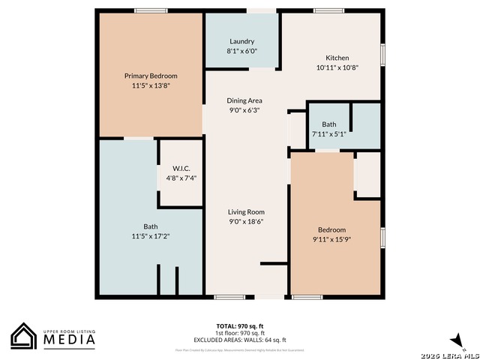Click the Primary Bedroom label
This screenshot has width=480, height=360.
pyautogui.click(x=151, y=76)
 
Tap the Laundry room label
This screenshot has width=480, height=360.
pyautogui.click(x=241, y=41)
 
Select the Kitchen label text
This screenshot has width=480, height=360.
pyautogui.click(x=337, y=58)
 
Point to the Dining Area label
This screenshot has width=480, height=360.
pyautogui.click(x=244, y=100)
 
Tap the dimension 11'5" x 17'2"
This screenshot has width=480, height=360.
pyautogui.click(x=151, y=235)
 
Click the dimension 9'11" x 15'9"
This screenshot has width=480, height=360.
pyautogui.click(x=331, y=239)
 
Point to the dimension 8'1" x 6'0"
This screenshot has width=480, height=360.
pyautogui.click(x=241, y=51)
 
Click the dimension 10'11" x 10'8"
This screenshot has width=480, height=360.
pyautogui.click(x=337, y=67)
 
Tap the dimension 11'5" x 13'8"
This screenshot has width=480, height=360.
pyautogui.click(x=151, y=85)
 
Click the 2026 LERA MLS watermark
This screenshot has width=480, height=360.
pyautogui.click(x=450, y=353)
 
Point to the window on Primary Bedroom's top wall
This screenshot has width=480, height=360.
pyautogui.click(x=151, y=10)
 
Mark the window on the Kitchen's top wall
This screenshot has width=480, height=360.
pyautogui.click(x=328, y=10)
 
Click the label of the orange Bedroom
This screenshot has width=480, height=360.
pyautogui.click(x=331, y=229)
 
